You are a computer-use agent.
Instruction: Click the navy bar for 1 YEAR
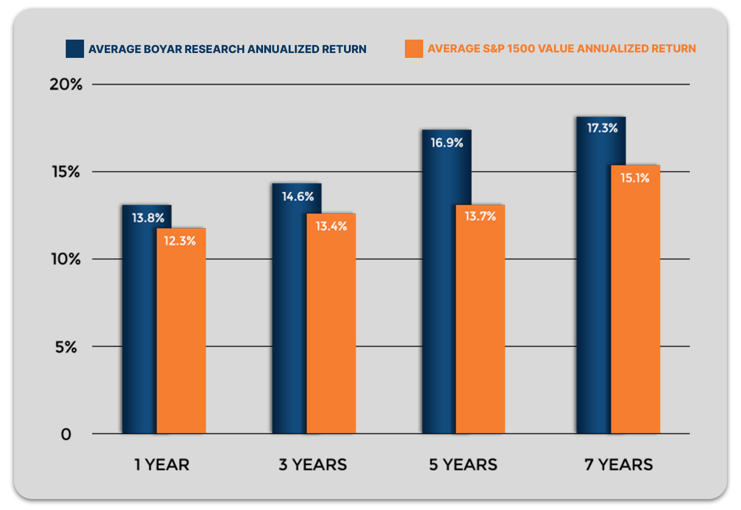tap(139, 320)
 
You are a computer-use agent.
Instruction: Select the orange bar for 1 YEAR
tap(181, 332)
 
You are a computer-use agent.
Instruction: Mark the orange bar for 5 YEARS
tap(480, 320)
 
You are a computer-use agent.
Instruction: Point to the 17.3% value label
tap(602, 129)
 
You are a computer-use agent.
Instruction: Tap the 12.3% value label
tap(180, 241)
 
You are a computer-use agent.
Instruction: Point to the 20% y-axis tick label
tap(65, 84)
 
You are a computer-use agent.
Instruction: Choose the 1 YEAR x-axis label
tap(162, 465)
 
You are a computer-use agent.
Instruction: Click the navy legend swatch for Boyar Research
tap(74, 49)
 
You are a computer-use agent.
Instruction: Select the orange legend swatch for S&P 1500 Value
tap(413, 49)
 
